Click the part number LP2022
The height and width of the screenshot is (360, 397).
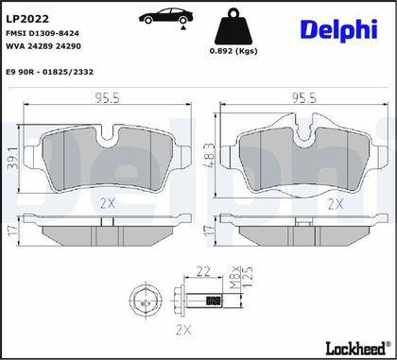[27, 19]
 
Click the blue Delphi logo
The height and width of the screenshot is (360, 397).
[339, 30]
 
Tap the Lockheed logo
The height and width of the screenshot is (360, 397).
[355, 348]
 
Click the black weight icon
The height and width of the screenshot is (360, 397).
[233, 26]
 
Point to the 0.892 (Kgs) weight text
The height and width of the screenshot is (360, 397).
[233, 51]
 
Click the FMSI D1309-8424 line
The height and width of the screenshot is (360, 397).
[43, 33]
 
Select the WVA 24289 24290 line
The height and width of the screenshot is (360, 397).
[43, 46]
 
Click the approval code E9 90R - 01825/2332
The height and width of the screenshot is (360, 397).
[50, 72]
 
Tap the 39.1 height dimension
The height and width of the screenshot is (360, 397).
[13, 158]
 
